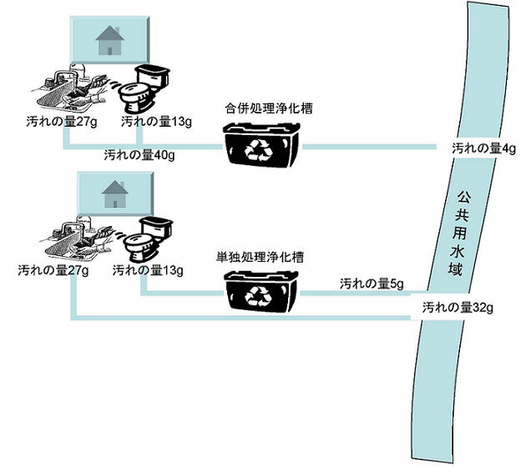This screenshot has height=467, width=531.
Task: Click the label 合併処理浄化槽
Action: (x=263, y=108)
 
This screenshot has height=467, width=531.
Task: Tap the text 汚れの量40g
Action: (x=139, y=154)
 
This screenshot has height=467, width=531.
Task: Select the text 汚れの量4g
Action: (x=485, y=148)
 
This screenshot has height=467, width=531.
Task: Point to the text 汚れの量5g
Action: (x=372, y=284)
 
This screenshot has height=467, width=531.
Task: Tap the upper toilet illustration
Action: (x=143, y=86)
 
